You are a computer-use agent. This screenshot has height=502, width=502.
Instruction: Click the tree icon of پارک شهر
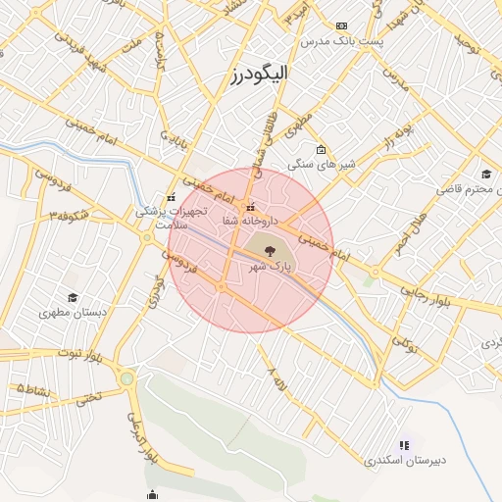271,252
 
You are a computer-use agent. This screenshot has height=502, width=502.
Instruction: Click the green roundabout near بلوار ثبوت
126,377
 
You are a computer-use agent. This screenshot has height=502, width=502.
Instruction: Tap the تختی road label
89,399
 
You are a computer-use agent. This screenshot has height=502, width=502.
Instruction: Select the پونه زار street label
403,135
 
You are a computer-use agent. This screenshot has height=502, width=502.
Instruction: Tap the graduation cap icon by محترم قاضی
487,175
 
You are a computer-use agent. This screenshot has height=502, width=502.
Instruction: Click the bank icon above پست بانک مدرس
341,25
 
